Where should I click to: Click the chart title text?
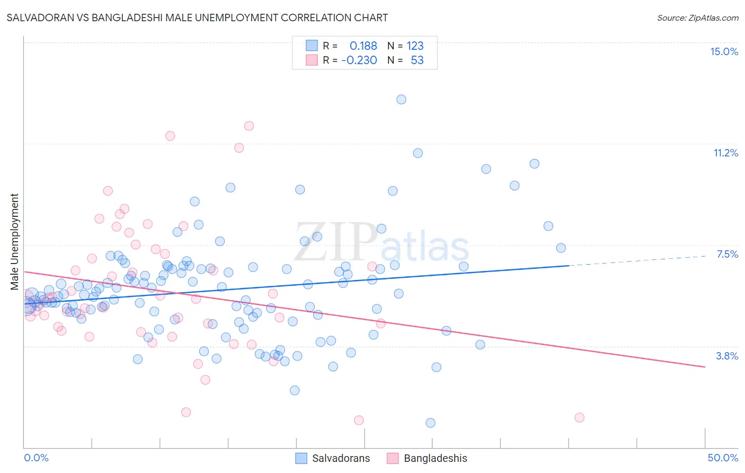tap(197, 17)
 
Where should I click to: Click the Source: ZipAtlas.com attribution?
tap(697, 17)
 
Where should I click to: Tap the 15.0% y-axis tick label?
tap(724, 51)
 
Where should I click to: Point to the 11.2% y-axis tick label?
tap(725, 153)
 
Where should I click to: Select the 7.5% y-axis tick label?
tap(727, 254)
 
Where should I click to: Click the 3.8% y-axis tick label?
tap(727, 356)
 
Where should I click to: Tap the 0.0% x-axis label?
tap(36, 458)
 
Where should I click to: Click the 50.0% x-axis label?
tap(722, 458)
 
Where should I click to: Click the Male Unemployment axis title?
tap(14, 242)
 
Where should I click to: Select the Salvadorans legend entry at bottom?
tap(332, 458)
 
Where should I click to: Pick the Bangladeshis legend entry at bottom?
tap(427, 458)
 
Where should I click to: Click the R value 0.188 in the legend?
tap(363, 46)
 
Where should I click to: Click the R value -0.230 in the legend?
tap(359, 60)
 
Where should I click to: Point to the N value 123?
tap(415, 46)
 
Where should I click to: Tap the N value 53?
tap(417, 60)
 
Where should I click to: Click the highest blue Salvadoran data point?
tap(401, 99)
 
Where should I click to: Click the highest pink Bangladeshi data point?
tap(249, 126)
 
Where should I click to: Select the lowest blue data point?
tap(430, 423)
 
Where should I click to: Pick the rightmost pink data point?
tap(579, 417)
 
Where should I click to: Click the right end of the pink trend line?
tap(705, 366)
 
